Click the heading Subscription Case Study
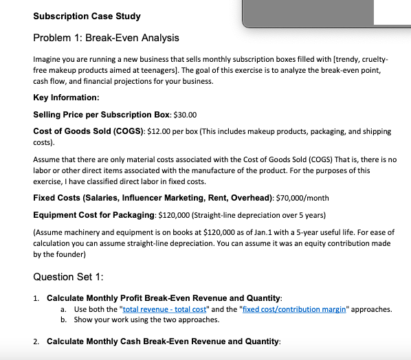(x=87, y=16)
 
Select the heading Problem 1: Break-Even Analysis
(x=106, y=37)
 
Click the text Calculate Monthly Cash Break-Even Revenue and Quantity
(x=164, y=341)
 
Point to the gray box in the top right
(x=325, y=12)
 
